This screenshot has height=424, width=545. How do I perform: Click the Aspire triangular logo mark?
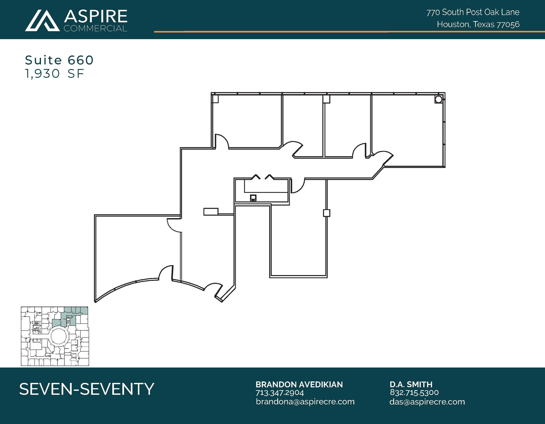click(x=42, y=21)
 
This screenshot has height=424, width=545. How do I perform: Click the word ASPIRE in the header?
click(x=96, y=16)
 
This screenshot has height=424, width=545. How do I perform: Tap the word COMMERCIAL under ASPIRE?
click(x=96, y=28)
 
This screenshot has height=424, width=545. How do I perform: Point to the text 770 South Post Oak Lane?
click(x=473, y=12)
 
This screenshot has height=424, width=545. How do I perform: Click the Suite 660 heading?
click(x=59, y=60)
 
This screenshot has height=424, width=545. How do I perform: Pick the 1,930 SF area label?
click(x=55, y=73)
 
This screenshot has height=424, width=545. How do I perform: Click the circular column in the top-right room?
click(x=438, y=99)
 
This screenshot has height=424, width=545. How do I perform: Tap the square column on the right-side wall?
click(x=327, y=213)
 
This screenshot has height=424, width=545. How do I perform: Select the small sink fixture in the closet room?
click(x=253, y=198)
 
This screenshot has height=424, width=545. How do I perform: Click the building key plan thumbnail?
click(x=55, y=336)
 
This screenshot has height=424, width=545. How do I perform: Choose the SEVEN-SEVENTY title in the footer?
click(x=87, y=389)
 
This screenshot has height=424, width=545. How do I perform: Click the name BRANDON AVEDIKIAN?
click(x=299, y=384)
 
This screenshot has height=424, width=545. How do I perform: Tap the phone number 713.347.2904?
click(x=280, y=393)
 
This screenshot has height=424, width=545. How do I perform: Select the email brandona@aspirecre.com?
click(x=305, y=402)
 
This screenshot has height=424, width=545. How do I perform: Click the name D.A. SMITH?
click(x=411, y=384)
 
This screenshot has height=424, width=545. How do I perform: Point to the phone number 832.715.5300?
click(x=414, y=392)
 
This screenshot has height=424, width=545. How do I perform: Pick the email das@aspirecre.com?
click(x=427, y=402)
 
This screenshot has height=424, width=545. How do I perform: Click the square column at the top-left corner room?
click(x=215, y=99)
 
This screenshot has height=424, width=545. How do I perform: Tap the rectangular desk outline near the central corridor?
click(x=211, y=212)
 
